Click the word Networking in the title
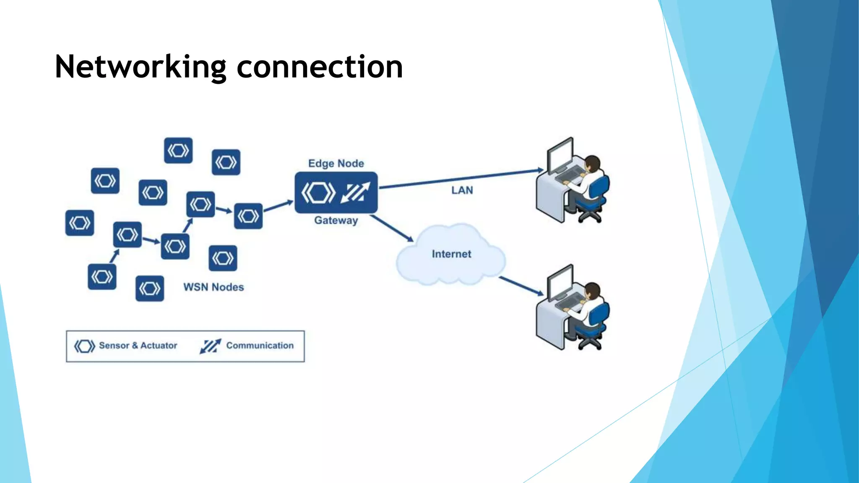pos(141,67)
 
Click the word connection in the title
pos(320,67)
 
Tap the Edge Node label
pos(336,164)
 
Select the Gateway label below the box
pos(336,220)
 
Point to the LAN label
pos(462,190)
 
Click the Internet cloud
pos(451,254)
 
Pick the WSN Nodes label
pos(213,287)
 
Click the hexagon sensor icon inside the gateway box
pos(318,193)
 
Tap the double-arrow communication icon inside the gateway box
pos(355,192)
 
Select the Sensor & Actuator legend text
pos(138,345)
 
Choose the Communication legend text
pos(260,345)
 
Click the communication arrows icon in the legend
pos(210,346)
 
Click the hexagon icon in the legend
pos(84,346)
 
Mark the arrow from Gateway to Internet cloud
pos(392,228)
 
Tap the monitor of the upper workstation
pos(560,155)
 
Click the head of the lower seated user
pos(592,290)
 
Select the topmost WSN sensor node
pos(178,150)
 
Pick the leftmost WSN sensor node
pos(80,223)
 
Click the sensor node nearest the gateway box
pos(248,216)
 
